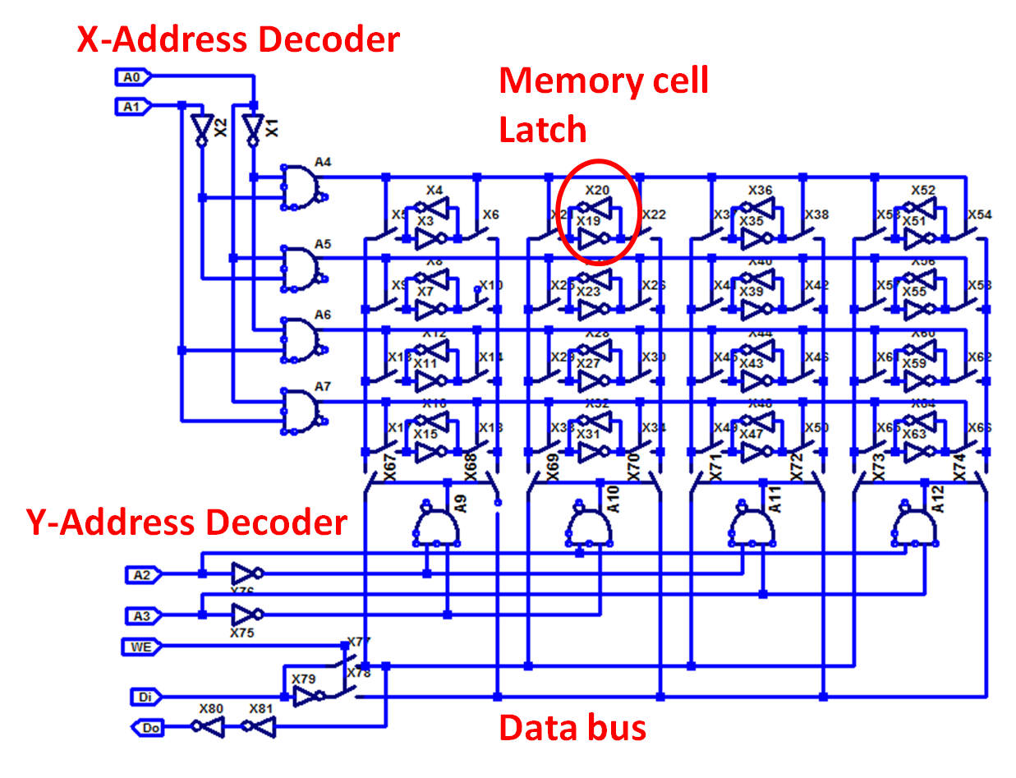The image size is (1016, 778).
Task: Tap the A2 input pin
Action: (143, 575)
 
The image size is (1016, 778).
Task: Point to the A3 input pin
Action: (143, 615)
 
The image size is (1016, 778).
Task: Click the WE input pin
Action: (141, 647)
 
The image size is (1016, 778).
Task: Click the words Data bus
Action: (572, 728)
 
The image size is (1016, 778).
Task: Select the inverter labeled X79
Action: (307, 697)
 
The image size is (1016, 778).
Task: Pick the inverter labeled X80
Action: (210, 726)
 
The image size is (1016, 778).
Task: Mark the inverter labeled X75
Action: (245, 614)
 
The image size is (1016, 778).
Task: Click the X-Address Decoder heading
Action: (238, 39)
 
